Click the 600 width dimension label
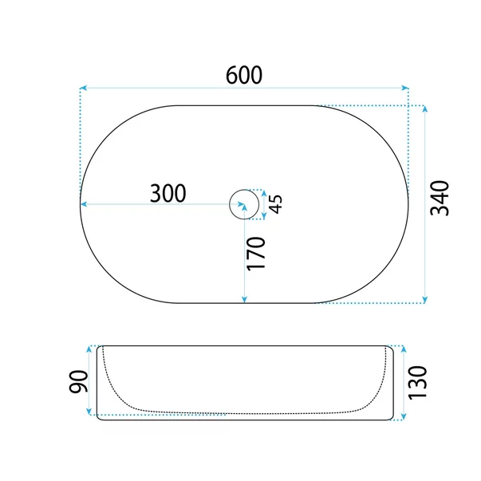(x=244, y=75)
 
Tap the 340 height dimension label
(x=440, y=198)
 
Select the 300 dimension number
(x=168, y=193)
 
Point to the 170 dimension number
(x=256, y=254)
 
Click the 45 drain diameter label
(x=276, y=204)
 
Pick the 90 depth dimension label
(x=78, y=381)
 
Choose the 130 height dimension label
(x=417, y=382)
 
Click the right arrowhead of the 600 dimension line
(x=405, y=88)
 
